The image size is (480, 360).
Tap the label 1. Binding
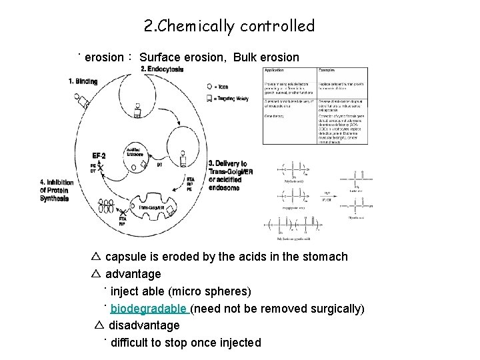[x=83, y=81]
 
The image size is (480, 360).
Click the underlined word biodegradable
[x=149, y=309]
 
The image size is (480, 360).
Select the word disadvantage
[x=144, y=325]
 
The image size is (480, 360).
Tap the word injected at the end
[x=235, y=343]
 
